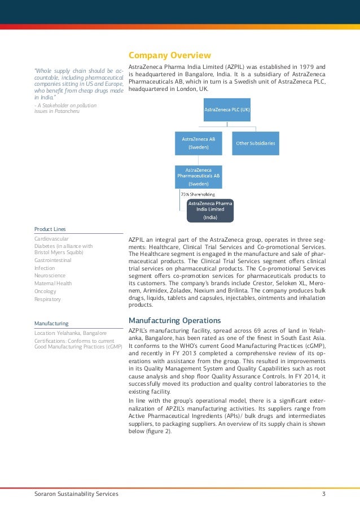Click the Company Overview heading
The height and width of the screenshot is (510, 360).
[x=170, y=55]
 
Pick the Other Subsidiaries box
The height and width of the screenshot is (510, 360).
[x=256, y=143]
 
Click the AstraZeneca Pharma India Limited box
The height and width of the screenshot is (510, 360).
[x=210, y=210]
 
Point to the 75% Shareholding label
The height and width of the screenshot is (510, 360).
[x=197, y=194]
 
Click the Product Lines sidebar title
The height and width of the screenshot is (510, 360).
[x=50, y=229]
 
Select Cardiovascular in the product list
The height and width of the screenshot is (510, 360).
[x=52, y=239]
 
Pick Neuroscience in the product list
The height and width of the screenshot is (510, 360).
[x=50, y=276]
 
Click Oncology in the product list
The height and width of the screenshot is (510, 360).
[x=45, y=291]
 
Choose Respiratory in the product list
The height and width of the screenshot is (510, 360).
[x=47, y=299]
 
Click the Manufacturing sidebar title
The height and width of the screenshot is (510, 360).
[x=51, y=324]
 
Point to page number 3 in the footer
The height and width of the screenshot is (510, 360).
[x=323, y=494]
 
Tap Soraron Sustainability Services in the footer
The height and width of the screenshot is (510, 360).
[x=76, y=494]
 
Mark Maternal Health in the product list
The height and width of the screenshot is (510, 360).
[x=53, y=284]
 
